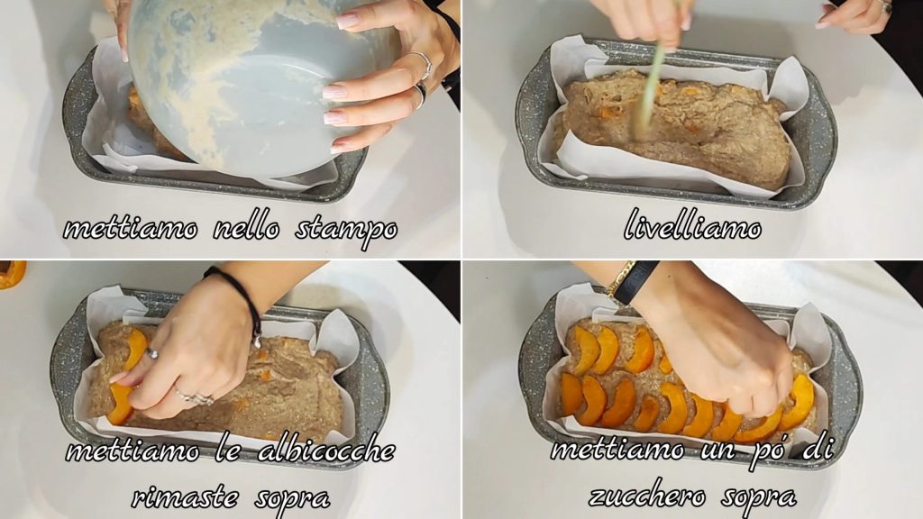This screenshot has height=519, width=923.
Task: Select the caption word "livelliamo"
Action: point(692,224)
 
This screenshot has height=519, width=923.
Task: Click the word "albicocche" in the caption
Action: point(326,451)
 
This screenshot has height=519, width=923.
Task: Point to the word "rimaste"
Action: point(186,497)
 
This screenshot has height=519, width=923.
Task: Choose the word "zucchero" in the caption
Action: point(647,498)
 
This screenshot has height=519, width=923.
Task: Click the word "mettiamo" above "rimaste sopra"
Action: point(133,451)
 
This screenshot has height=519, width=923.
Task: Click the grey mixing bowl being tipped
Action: point(253,82)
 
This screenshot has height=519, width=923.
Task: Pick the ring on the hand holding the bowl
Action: point(422,64)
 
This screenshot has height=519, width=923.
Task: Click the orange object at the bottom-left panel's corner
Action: point(12,274)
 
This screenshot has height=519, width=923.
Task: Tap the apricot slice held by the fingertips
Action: point(121,404)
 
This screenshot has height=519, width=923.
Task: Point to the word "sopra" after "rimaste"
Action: point(292,499)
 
